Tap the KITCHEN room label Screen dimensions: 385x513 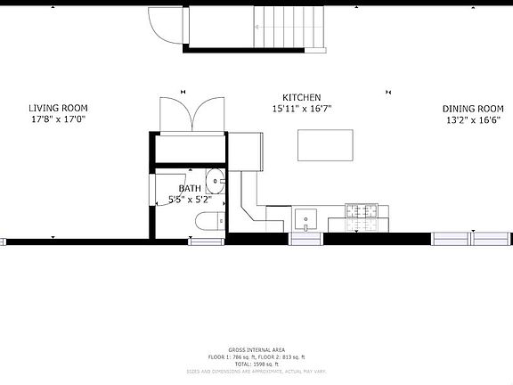[302, 98]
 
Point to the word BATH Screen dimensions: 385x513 [190, 189]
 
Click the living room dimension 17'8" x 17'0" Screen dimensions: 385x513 [60, 119]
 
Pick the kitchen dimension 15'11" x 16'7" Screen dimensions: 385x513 [302, 109]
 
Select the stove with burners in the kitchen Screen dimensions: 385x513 [362, 213]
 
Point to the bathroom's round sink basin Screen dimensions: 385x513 [216, 182]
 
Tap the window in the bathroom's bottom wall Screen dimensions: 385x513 [207, 239]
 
